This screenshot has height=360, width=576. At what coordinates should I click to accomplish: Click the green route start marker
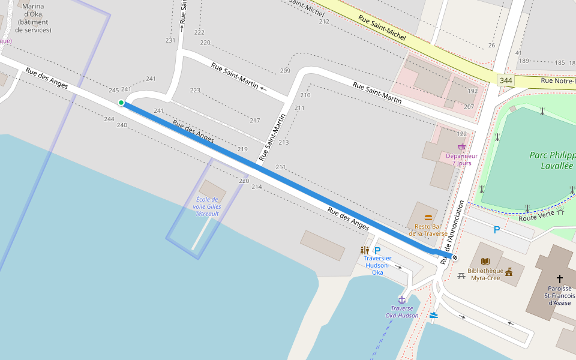tap(121, 103)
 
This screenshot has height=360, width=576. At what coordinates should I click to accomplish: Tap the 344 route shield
tap(506, 80)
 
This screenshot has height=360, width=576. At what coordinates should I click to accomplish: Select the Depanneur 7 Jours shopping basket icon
tap(461, 146)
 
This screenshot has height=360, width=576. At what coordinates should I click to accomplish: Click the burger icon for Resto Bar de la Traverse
tap(428, 218)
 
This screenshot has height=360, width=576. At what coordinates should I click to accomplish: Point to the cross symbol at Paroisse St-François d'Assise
tap(559, 278)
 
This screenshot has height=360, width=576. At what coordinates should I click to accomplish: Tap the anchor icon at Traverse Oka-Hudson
tap(402, 299)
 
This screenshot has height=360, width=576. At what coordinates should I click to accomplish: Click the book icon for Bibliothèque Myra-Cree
tap(485, 262)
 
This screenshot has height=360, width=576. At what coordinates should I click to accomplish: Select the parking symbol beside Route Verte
tap(496, 229)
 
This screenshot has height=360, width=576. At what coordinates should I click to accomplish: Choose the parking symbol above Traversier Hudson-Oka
tap(377, 250)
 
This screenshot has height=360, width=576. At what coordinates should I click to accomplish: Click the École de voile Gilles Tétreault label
tap(206, 206)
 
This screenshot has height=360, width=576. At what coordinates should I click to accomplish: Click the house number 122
tap(461, 134)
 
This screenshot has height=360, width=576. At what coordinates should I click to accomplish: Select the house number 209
tap(285, 71)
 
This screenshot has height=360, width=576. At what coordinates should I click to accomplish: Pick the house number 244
tap(109, 119)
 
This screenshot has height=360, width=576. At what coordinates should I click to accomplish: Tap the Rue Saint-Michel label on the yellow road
tap(382, 28)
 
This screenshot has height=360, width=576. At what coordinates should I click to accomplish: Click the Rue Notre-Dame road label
tap(557, 80)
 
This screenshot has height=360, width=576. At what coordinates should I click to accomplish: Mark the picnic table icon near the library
tap(461, 276)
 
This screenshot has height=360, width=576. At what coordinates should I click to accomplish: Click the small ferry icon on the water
tap(433, 314)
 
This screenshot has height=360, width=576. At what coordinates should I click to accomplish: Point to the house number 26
tap(491, 46)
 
